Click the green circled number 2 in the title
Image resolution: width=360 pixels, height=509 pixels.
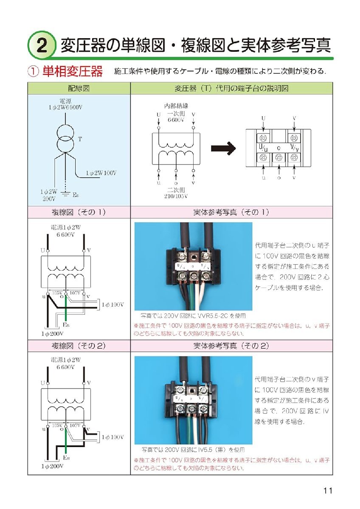point(42,46)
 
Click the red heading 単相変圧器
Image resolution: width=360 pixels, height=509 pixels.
point(73,71)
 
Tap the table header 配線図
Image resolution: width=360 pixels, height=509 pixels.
point(79,88)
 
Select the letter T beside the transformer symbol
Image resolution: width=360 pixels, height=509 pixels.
point(80,139)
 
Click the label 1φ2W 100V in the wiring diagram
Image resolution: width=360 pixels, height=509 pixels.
point(101,173)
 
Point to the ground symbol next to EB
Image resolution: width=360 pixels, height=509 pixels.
point(65,194)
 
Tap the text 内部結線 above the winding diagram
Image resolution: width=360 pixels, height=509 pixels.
point(176,106)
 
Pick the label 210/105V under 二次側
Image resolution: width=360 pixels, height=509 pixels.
point(176,196)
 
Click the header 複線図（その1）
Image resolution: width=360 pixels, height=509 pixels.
point(79,212)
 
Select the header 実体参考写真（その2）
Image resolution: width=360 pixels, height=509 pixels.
point(231,346)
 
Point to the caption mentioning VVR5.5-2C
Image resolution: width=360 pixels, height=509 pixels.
point(193,316)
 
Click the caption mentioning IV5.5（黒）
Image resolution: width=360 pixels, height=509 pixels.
point(193,450)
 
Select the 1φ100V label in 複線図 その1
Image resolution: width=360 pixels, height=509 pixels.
point(113,305)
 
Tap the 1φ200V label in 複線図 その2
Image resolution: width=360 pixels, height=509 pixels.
point(53,466)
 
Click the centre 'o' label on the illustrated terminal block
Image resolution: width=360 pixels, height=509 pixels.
point(278,148)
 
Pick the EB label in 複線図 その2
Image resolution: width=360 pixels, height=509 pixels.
point(66,457)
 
